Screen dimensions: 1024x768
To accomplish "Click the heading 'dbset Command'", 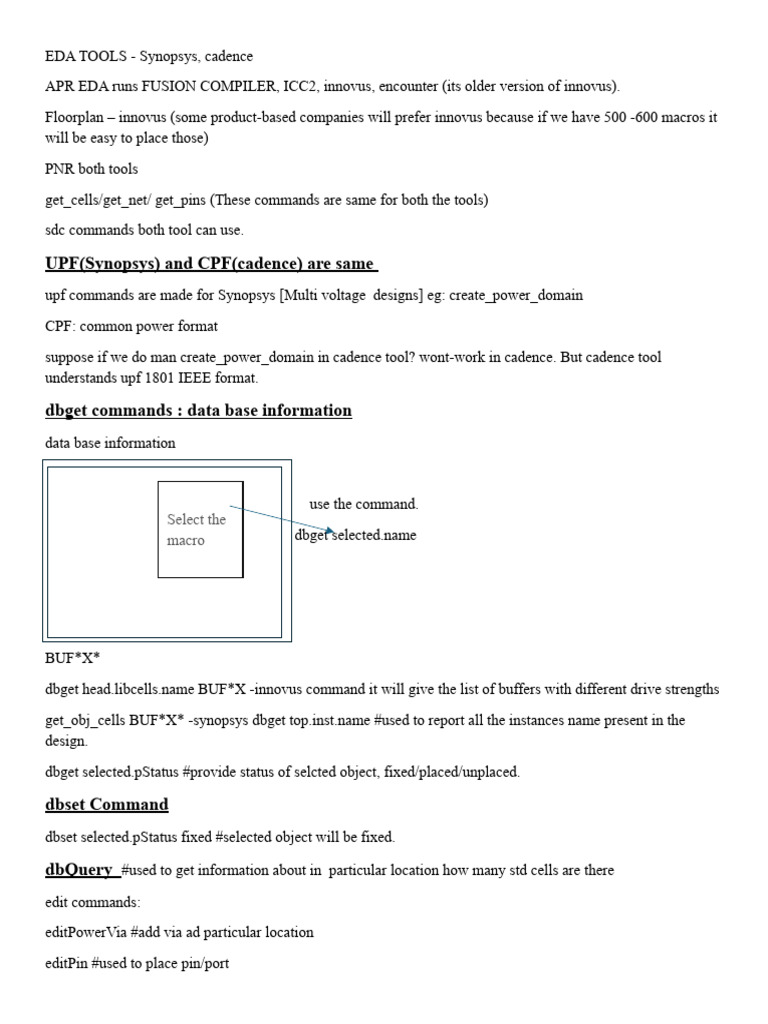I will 107,804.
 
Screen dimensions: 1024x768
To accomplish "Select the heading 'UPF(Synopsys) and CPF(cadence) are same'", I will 210,263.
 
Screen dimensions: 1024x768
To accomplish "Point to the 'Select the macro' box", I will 200,530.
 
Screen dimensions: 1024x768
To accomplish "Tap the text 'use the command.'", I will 364,504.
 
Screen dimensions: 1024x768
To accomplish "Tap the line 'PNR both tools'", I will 91,169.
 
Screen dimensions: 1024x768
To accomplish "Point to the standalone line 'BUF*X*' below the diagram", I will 73,659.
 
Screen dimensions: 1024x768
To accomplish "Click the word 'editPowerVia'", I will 86,932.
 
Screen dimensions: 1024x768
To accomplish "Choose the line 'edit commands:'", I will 93,901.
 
